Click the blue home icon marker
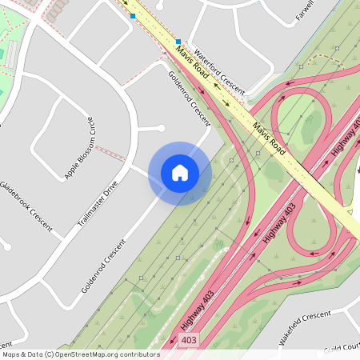pos(180,173)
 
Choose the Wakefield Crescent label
pos(305,328)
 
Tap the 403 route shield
pos(189,340)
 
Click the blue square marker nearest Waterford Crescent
pos(178,40)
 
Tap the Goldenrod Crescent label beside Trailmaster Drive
pos(104,265)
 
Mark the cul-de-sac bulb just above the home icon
pos(161,128)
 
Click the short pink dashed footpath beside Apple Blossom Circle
pos(111,152)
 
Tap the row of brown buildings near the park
pos(58,10)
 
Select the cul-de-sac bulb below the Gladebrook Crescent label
pos(7,246)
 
